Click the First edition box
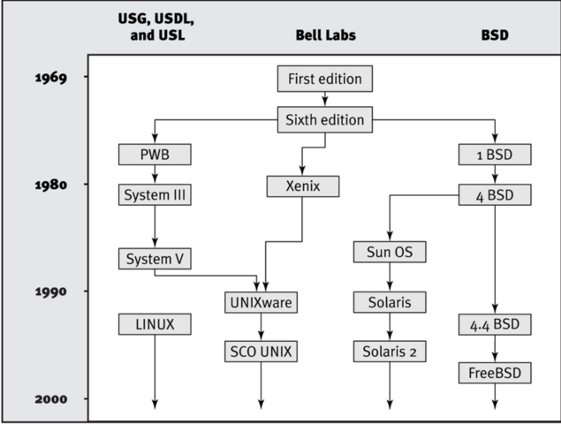(x=325, y=79)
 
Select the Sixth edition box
(x=325, y=119)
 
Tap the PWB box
(x=155, y=155)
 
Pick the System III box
(x=155, y=193)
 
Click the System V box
(x=155, y=259)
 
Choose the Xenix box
(x=303, y=186)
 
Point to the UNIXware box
(x=261, y=302)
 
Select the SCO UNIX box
(x=261, y=351)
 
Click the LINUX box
(x=155, y=324)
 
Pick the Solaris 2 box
(x=390, y=351)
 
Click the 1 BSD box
(x=495, y=155)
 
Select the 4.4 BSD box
(x=495, y=324)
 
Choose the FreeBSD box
(x=495, y=374)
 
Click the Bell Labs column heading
(x=325, y=40)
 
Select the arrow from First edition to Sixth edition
(x=325, y=99)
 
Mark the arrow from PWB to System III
(x=155, y=174)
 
